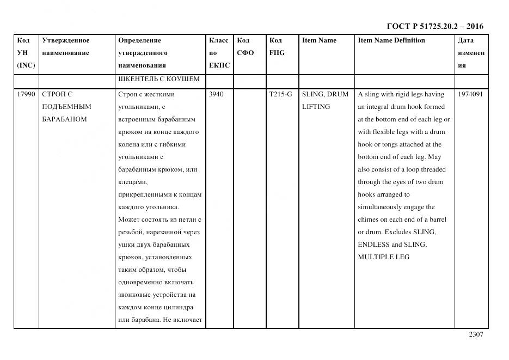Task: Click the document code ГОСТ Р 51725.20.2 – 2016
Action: (x=434, y=26)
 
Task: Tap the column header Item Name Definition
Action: (x=391, y=40)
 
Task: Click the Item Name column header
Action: (x=319, y=40)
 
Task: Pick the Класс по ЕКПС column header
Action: (x=219, y=53)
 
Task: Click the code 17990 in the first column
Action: (x=26, y=94)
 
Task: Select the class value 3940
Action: (x=216, y=94)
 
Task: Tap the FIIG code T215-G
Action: (x=280, y=94)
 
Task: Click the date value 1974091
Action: (x=470, y=94)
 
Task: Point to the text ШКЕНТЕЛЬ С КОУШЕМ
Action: (x=158, y=79)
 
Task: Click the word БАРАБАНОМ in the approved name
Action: (x=64, y=119)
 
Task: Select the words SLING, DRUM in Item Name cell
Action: (x=325, y=94)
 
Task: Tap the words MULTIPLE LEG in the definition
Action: (x=383, y=257)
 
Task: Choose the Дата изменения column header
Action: (x=471, y=53)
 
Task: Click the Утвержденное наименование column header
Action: (x=66, y=47)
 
